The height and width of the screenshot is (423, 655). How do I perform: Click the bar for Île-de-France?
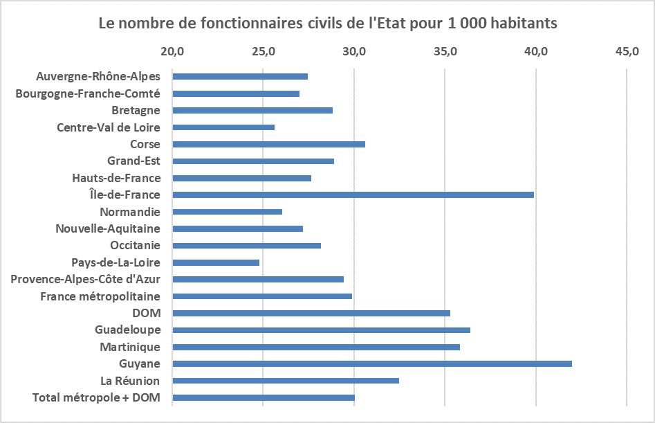pos(353,195)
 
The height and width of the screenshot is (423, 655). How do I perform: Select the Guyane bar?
pos(372,364)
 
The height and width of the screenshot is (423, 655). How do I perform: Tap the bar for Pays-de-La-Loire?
pos(216,263)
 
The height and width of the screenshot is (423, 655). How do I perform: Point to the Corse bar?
pos(268,144)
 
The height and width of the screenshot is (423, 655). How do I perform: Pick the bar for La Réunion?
pos(286,381)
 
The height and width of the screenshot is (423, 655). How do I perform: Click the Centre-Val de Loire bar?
pos(223,127)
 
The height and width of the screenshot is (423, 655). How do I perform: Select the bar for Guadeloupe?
pos(321,330)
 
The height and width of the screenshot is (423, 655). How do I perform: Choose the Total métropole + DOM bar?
pos(264,398)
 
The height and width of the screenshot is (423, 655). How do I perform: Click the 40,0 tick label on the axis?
pos(536,52)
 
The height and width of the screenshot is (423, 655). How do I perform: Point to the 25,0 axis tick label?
pos(263,52)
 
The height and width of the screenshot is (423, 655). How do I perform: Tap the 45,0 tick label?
pos(627,52)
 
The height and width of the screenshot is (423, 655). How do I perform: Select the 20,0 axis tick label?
pos(172,52)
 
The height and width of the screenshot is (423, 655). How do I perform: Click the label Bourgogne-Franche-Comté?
pos(88,93)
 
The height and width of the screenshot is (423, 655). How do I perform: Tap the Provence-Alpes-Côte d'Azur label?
pos(86,280)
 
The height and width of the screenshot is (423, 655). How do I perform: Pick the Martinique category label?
pos(130,347)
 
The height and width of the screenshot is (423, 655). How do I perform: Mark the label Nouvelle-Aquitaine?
pos(108,229)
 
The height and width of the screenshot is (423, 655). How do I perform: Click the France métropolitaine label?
pos(100,296)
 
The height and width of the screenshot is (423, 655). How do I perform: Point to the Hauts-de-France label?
pos(116,178)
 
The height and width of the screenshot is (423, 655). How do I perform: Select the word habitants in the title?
pos(519,24)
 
